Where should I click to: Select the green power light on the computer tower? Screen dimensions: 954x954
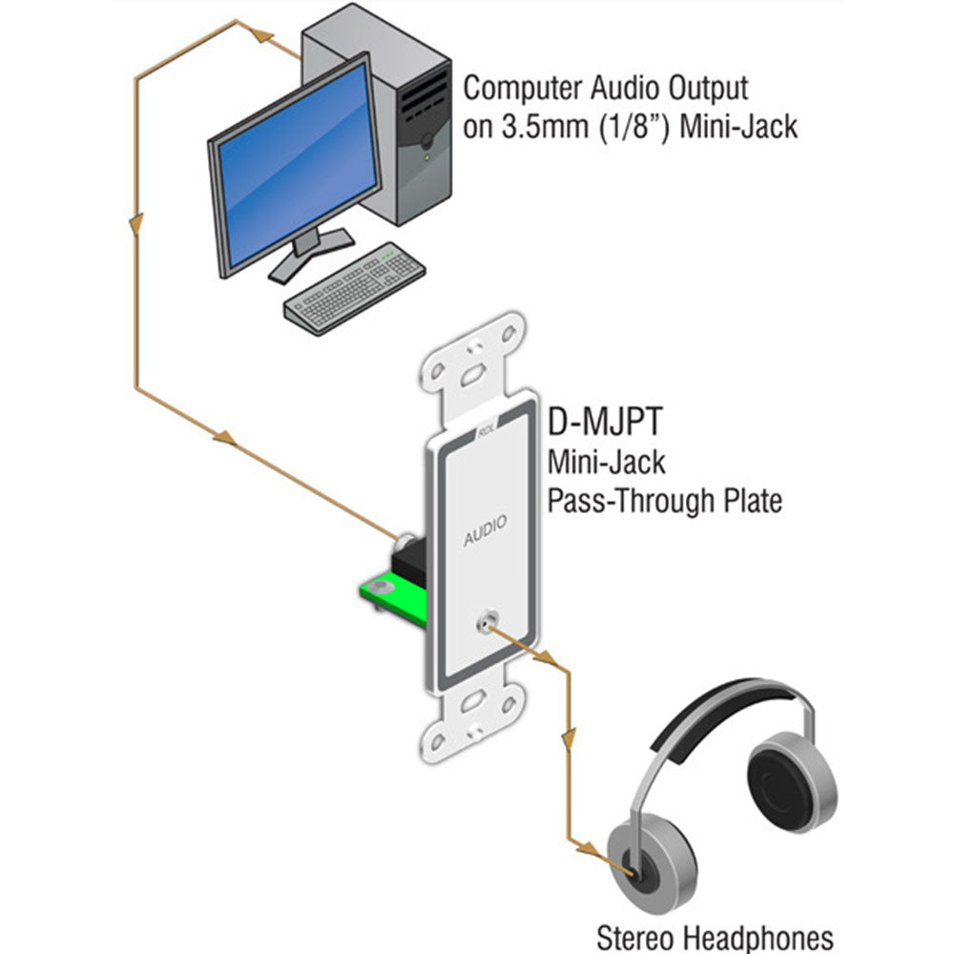pos(426,156)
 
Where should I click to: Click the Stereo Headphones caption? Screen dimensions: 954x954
pos(715,937)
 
